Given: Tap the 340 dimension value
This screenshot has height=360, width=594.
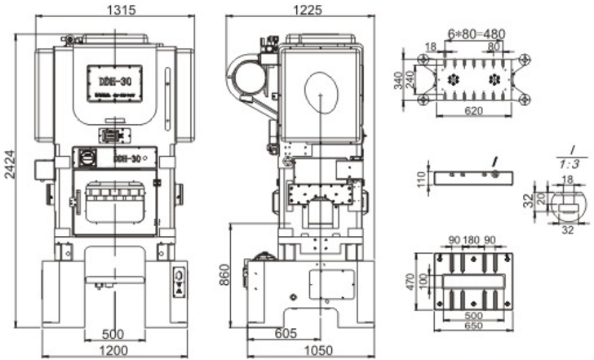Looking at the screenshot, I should [410, 81].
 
